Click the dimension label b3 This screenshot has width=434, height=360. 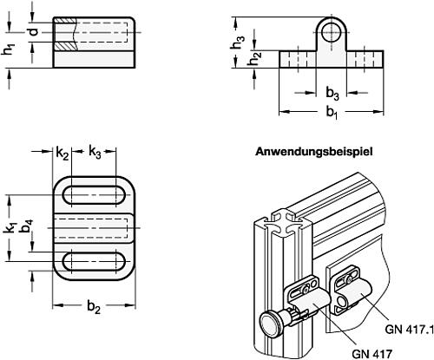(x=332, y=92)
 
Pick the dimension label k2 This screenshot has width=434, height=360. (x=62, y=154)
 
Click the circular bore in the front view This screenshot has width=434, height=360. (x=331, y=30)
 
